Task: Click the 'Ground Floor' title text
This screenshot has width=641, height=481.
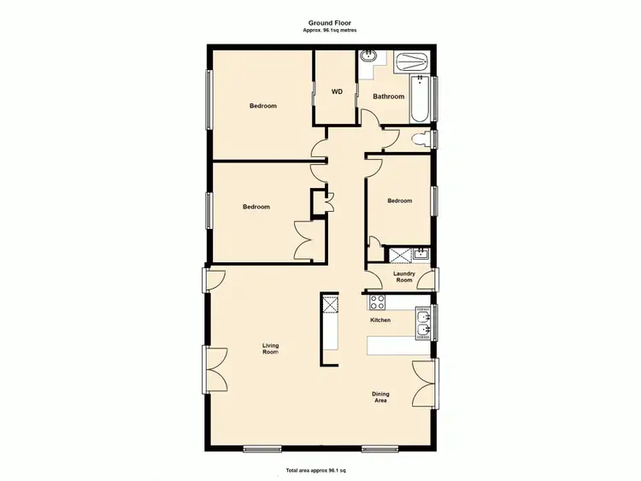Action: click(330, 23)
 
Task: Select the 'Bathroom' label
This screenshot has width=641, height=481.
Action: click(388, 97)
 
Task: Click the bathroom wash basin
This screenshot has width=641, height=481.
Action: click(369, 58)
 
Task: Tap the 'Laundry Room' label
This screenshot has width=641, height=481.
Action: click(403, 277)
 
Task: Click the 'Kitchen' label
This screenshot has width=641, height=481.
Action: click(380, 320)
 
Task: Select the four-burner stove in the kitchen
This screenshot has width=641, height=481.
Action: click(377, 302)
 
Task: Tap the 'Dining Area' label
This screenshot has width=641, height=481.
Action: click(381, 397)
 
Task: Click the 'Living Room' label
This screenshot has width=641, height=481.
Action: click(270, 349)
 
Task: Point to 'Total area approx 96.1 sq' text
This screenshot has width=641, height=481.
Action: click(320, 471)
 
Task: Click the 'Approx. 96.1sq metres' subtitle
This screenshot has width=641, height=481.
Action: click(330, 30)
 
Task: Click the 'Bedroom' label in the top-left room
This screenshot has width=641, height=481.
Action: click(263, 106)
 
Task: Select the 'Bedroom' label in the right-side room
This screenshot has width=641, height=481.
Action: click(399, 201)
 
